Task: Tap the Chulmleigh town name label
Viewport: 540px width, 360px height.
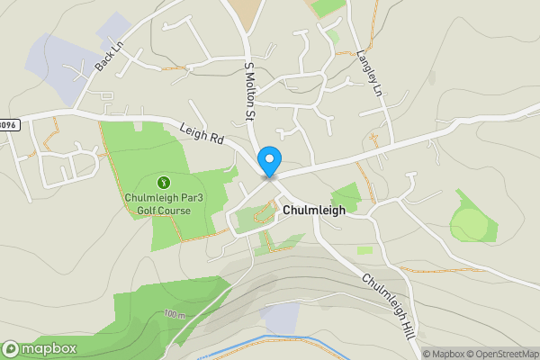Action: click(314, 209)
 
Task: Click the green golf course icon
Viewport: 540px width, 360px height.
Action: click(163, 181)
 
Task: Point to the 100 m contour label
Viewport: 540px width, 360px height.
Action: click(175, 314)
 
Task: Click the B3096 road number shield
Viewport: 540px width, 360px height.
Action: click(7, 125)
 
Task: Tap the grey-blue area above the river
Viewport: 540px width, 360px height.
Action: click(280, 316)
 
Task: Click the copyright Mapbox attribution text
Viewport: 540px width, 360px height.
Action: click(443, 354)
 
